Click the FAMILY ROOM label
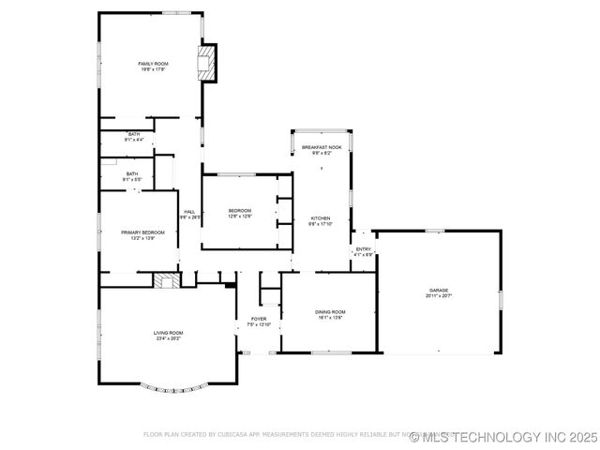tap(153, 63)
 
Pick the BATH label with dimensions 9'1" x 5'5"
tap(132, 174)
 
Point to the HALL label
tap(190, 212)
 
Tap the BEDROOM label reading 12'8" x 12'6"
tap(239, 210)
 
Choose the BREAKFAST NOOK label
tap(322, 148)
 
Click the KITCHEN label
tap(321, 218)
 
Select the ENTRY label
tap(363, 248)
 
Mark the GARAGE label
tap(439, 290)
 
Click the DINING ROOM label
tap(330, 311)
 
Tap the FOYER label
tap(259, 319)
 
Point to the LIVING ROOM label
tap(169, 333)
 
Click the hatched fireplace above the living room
tap(167, 280)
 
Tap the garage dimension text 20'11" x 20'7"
tap(439, 295)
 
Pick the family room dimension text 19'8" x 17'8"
tap(153, 68)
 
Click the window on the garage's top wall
tap(433, 231)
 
